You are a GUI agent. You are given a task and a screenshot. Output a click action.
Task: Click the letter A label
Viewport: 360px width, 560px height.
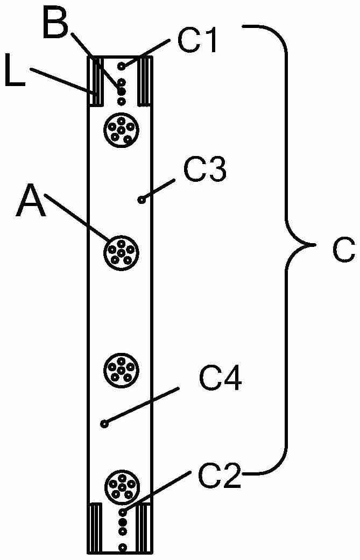(31, 203)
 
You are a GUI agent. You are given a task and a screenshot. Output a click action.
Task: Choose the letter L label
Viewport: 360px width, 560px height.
(15, 74)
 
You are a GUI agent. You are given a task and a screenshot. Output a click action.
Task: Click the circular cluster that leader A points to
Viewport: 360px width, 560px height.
(121, 253)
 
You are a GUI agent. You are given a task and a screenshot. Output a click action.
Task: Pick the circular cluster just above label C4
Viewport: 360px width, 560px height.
(121, 370)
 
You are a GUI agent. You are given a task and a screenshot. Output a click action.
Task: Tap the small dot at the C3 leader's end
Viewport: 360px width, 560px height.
(142, 200)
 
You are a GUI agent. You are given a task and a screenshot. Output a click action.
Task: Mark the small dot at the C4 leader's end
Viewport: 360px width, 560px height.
(104, 423)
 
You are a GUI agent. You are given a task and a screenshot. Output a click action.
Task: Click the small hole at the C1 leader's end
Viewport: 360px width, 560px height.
(122, 66)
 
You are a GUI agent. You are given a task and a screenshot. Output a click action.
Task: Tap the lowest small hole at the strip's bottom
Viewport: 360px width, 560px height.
(123, 547)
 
